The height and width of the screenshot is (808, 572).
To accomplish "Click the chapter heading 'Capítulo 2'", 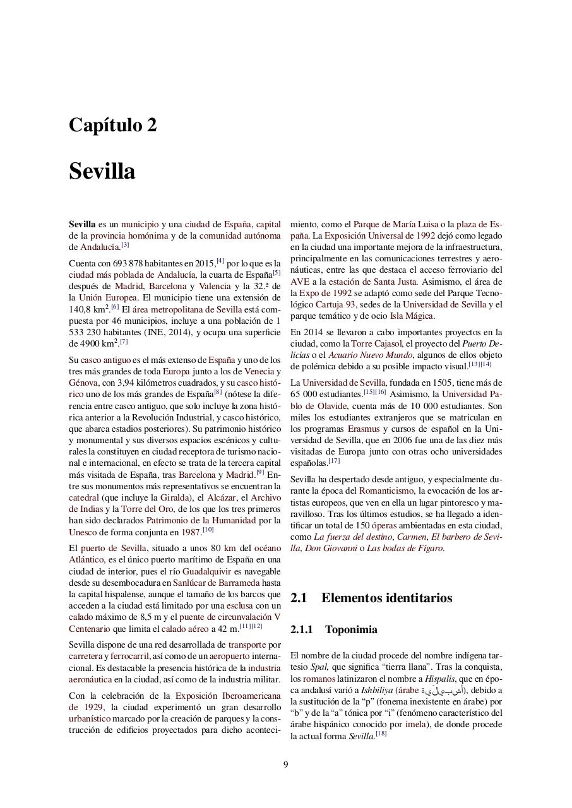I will coord(112,125).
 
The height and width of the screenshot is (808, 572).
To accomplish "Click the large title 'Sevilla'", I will coord(102,171).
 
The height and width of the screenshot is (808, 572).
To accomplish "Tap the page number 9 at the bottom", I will coord(285,764).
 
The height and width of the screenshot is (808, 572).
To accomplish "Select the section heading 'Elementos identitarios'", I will coord(386,598).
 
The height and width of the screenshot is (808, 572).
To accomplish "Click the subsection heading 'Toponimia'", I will coord(351,629).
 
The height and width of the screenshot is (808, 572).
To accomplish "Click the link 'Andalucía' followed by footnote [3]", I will coord(100,247).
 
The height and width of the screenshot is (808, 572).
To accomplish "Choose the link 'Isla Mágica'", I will coord(411,316).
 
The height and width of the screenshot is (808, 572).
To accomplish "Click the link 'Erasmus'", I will coord(364,429).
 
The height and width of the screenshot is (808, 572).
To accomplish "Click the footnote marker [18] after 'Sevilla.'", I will coord(381,734).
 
